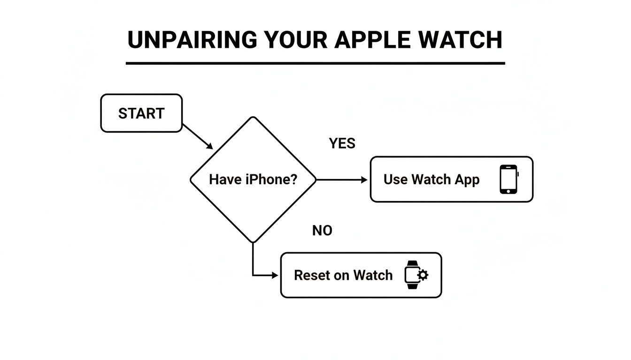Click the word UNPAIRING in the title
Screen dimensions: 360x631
192,40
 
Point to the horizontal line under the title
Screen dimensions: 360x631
315,63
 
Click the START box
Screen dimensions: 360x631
141,113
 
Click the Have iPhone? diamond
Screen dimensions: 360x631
253,180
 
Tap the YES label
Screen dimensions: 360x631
342,143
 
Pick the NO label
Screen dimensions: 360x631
322,231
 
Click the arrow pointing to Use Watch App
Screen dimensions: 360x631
342,180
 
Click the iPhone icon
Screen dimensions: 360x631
508,180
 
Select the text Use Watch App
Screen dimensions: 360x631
431,180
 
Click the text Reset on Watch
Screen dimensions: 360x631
343,275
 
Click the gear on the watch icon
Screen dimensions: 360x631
423,275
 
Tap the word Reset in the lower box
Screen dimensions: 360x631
311,275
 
